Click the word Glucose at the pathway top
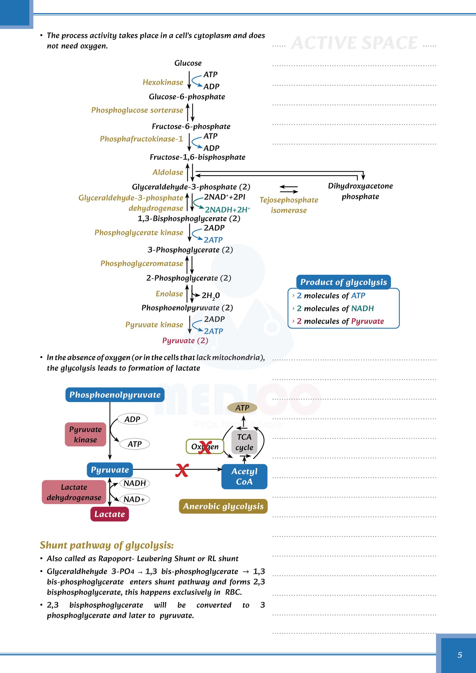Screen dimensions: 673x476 tap(188, 63)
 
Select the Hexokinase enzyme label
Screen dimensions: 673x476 tap(163, 82)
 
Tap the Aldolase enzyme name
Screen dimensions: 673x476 tap(168, 172)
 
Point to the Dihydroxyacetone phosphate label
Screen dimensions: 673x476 tap(360, 191)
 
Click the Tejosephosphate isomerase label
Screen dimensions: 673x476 tap(289, 205)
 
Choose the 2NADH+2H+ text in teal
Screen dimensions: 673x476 tap(227, 210)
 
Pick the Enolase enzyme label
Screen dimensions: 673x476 tap(169, 294)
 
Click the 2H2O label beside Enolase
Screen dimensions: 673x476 tap(210, 295)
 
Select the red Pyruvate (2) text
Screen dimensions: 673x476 tap(185, 341)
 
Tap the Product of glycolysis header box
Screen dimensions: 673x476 tap(343, 282)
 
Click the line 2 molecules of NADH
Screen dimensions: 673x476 tap(335, 308)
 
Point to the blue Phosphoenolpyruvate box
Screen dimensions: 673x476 tap(115, 395)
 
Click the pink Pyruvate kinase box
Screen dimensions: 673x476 tap(85, 435)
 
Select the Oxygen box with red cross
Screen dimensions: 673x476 tap(205, 447)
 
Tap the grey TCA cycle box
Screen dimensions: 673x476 tap(244, 442)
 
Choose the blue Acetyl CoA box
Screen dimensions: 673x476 tap(244, 476)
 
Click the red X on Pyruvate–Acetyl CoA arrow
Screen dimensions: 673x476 tap(182, 470)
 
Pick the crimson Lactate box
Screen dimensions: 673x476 tap(109, 514)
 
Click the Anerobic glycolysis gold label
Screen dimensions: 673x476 tap(223, 506)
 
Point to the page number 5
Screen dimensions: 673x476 tap(460, 655)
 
